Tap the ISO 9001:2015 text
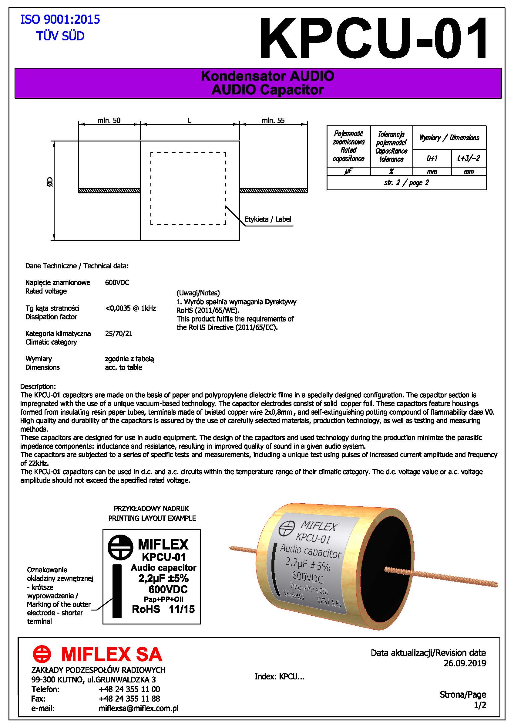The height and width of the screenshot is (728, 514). coord(60,20)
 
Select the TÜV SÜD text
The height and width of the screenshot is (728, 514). coord(60,36)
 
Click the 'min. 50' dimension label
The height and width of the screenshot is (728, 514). coord(109,121)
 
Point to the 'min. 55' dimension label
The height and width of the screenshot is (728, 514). coord(273,121)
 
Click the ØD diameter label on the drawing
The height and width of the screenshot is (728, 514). coord(50,182)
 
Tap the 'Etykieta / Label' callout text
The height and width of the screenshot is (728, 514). coord(267,219)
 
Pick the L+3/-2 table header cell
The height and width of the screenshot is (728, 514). coord(469,158)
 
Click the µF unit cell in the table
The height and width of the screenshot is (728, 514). coord(348,172)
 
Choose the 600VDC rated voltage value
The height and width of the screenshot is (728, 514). coord(117,283)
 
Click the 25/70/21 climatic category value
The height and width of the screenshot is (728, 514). coord(119,334)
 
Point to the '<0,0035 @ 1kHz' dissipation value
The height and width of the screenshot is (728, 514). coord(130,308)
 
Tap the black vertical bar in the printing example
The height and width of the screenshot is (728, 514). coord(117,591)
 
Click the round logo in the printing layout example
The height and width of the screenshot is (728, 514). coord(120,548)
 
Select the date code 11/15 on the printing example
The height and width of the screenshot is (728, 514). coord(182,609)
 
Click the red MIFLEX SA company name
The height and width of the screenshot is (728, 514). coord(112,655)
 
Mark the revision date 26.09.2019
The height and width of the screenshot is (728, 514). coord(465,663)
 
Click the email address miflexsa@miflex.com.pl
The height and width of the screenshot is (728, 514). coord(138,708)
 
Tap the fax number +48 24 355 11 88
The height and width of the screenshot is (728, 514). coord(129,699)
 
